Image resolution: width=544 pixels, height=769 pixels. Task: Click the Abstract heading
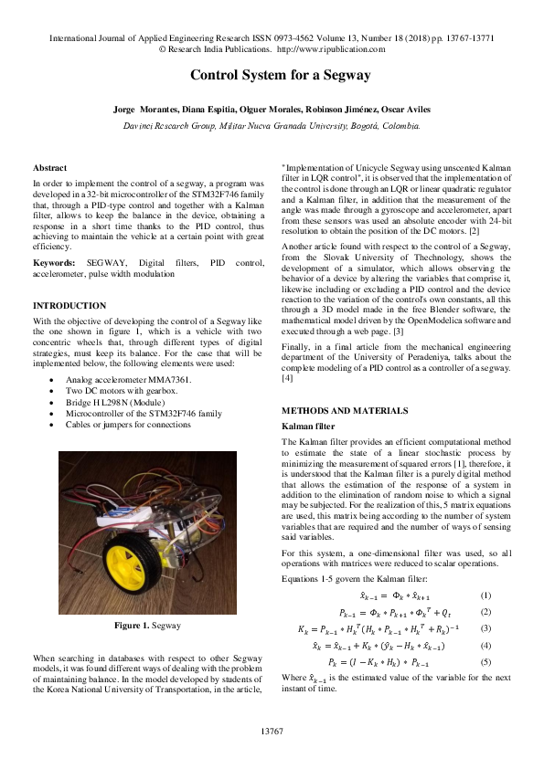(x=49, y=168)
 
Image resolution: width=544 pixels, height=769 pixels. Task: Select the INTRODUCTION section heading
(x=69, y=305)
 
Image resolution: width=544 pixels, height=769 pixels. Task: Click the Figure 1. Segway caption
(x=147, y=626)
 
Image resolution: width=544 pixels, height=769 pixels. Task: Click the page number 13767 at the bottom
(x=272, y=732)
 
